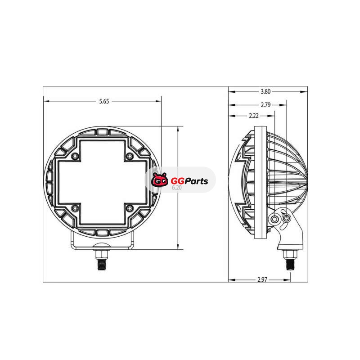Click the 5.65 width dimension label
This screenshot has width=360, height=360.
104,102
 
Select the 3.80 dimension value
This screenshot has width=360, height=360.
265,92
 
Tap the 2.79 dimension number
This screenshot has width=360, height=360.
265,105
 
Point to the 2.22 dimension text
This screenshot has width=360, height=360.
254,116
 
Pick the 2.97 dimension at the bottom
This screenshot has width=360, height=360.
262,279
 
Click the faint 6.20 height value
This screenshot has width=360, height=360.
177,188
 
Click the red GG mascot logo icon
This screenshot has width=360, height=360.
159,180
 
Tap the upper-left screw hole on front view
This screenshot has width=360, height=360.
75,156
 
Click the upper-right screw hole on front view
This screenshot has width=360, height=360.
130,156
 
